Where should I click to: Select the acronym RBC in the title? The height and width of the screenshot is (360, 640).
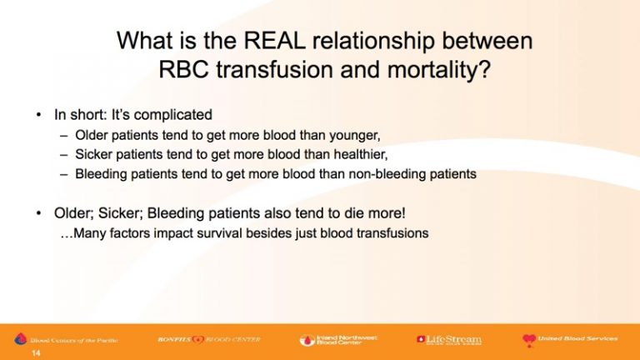(x=183, y=70)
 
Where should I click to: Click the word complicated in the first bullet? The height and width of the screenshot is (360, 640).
(x=173, y=115)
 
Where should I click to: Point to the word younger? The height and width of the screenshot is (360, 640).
(x=355, y=136)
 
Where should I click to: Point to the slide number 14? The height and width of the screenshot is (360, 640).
(x=36, y=353)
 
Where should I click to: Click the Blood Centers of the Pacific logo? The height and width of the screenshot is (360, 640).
(x=66, y=339)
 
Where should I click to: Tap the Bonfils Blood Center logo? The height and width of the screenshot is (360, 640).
(x=209, y=339)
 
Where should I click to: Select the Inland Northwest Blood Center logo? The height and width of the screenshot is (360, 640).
(x=338, y=340)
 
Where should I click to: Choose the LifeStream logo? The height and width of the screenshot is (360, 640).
(x=449, y=340)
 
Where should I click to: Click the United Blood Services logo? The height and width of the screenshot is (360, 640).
(x=570, y=340)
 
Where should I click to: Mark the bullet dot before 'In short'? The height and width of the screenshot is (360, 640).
(x=39, y=115)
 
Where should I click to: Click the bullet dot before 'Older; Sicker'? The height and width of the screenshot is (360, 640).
(x=39, y=213)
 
